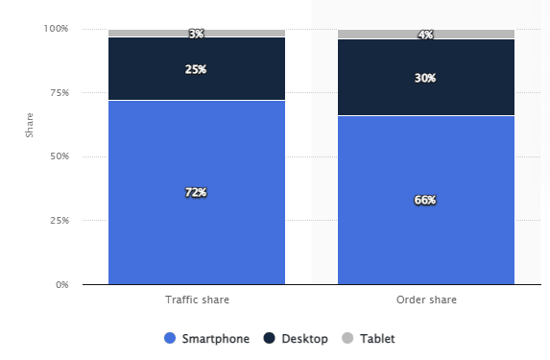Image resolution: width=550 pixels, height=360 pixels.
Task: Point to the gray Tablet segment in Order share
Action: pos(384,35)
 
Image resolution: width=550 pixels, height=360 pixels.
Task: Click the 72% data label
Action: pos(196,192)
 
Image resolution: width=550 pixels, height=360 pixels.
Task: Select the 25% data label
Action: pos(196,69)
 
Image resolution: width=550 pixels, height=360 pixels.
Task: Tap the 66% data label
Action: pos(425,200)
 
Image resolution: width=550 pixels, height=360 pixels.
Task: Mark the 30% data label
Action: pos(425,78)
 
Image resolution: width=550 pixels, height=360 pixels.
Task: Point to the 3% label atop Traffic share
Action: pos(196,35)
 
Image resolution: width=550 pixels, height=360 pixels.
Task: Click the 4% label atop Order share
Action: pos(425,35)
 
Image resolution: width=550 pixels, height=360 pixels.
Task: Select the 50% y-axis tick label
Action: pos(59,156)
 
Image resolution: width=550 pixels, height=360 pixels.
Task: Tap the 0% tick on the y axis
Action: pos(61,285)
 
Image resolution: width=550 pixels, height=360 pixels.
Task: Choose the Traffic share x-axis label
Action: pos(197,300)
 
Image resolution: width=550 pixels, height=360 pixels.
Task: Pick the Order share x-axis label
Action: pos(425,300)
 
